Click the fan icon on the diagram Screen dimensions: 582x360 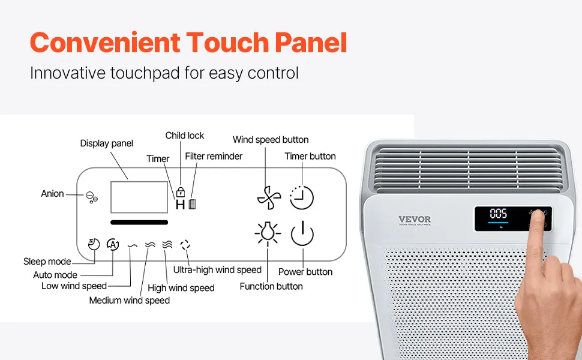tap(269, 197)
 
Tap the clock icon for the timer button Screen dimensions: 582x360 tap(302, 197)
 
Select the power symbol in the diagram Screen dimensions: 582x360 tap(302, 233)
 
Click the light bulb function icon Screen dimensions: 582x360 tap(268, 233)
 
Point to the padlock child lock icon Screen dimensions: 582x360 tap(181, 192)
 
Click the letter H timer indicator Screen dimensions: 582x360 tap(180, 205)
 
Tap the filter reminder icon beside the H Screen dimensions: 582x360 tap(192, 204)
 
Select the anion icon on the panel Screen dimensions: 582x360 tap(92, 197)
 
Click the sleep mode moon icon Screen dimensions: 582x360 tap(94, 244)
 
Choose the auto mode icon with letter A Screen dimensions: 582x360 tap(113, 244)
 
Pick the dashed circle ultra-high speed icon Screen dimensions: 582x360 tap(185, 245)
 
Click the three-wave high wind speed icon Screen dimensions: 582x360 tap(167, 244)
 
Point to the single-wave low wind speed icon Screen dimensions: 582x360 tap(133, 245)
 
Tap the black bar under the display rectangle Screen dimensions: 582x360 tap(139, 223)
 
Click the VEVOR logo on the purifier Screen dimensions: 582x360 tap(415, 220)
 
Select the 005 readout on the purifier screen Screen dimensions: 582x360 tap(498, 214)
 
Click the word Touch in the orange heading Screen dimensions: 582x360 tap(228, 43)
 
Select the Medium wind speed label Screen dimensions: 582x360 tap(130, 300)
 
